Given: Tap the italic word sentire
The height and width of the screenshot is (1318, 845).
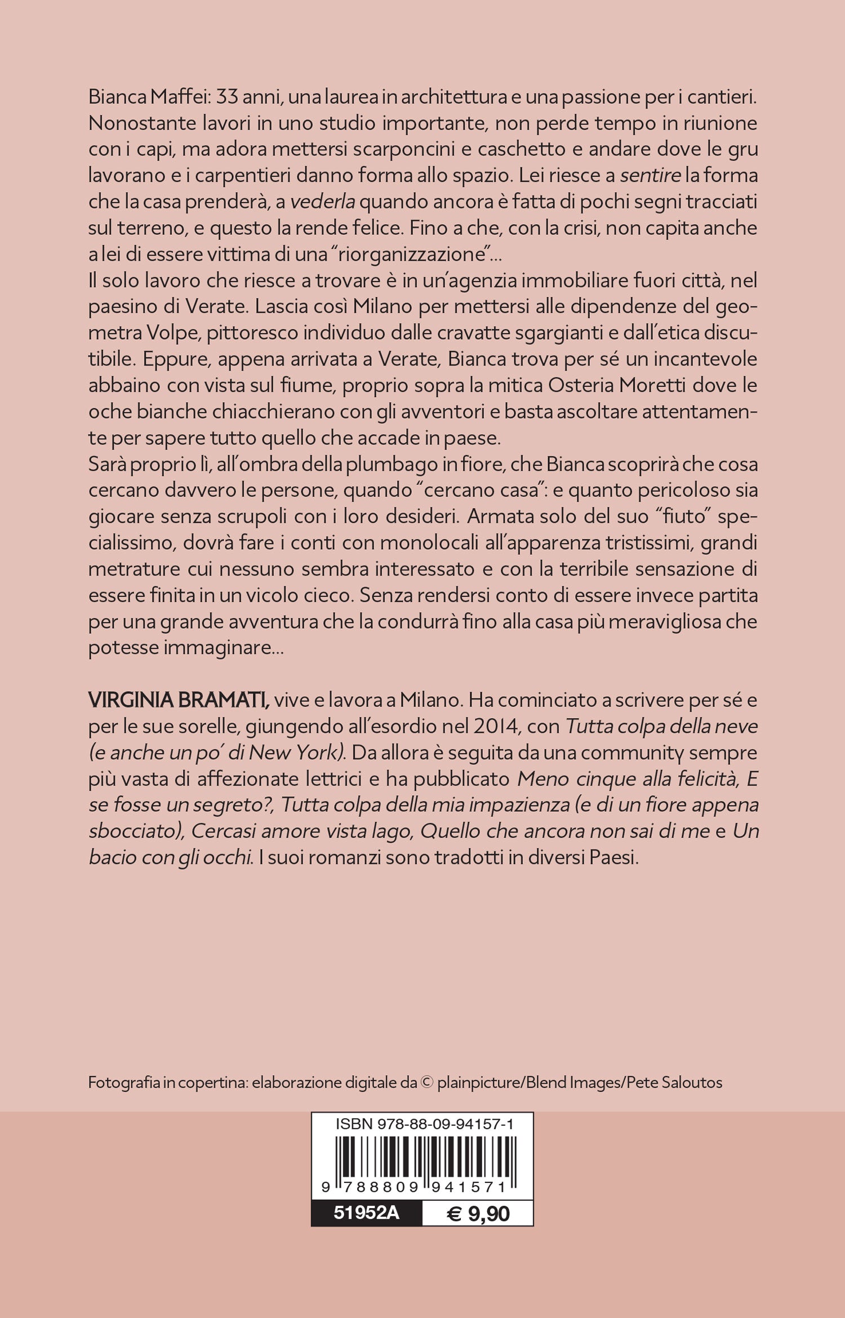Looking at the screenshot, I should click(650, 176).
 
